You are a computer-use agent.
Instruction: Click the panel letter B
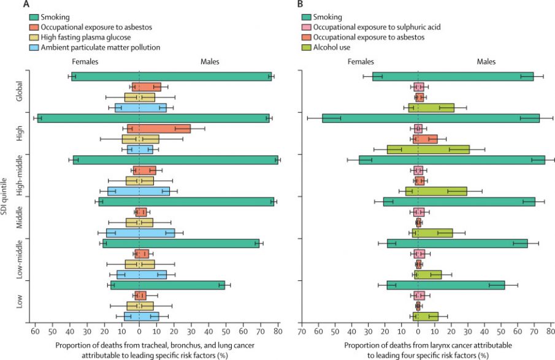300,5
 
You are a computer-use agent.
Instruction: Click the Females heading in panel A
85,61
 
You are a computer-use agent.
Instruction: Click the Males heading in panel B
487,61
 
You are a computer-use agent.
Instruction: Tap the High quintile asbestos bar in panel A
159,129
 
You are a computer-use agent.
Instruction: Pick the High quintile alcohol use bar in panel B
428,150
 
